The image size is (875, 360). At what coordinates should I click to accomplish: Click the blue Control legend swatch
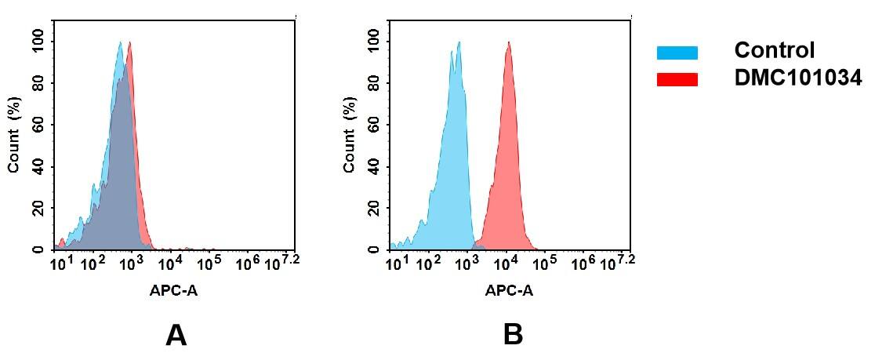[677, 53]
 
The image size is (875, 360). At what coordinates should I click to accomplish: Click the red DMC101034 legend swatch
[677, 79]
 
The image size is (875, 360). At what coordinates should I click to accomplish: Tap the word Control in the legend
[774, 51]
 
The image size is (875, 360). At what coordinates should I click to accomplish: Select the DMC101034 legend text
[797, 78]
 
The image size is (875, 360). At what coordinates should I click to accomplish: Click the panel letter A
[176, 336]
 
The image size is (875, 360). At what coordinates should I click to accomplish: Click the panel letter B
[513, 336]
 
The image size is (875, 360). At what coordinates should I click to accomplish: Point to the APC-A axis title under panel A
[174, 290]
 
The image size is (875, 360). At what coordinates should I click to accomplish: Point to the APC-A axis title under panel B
[509, 290]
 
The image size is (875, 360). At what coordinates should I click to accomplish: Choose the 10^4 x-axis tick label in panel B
[506, 262]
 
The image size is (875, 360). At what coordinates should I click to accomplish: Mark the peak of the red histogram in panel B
[509, 43]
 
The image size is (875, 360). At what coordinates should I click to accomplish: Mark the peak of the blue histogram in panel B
[458, 43]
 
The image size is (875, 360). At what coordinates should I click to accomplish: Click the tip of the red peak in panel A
[129, 43]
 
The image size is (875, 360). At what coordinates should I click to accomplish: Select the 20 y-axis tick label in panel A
[38, 208]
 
